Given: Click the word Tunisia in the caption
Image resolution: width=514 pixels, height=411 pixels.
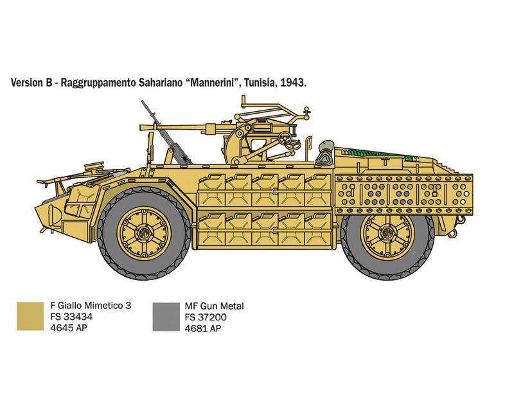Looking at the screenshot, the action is point(260,83).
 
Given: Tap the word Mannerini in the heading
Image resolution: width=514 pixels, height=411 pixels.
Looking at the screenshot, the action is point(214,83).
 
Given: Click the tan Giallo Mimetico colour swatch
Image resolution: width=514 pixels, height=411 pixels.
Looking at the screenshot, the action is point(30,316).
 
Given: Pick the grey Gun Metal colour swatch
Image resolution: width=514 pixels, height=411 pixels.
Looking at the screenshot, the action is point(166,317).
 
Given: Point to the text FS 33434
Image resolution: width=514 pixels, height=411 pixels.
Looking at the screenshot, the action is point(71,317).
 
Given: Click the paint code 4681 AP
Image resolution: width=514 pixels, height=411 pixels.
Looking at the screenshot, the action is point(203,328).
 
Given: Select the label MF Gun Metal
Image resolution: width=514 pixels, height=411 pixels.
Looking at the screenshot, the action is point(215,306).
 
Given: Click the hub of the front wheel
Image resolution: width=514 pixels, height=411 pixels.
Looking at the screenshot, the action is point(143,233).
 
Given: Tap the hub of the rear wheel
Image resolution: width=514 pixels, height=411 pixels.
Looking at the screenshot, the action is point(387,233).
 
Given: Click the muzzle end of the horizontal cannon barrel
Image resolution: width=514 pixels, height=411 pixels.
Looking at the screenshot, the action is point(141,127).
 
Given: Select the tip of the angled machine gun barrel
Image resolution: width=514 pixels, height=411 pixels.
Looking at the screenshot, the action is point(143,102).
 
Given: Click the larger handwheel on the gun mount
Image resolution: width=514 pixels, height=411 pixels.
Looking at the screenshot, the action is point(285,139).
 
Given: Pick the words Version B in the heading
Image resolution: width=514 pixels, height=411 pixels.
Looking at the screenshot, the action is point(31,83).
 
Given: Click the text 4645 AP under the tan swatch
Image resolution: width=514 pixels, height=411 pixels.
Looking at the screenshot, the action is point(69,328).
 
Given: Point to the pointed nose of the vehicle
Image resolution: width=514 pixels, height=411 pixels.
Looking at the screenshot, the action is point(36,209).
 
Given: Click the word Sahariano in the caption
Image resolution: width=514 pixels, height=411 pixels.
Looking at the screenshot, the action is point(160,83).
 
